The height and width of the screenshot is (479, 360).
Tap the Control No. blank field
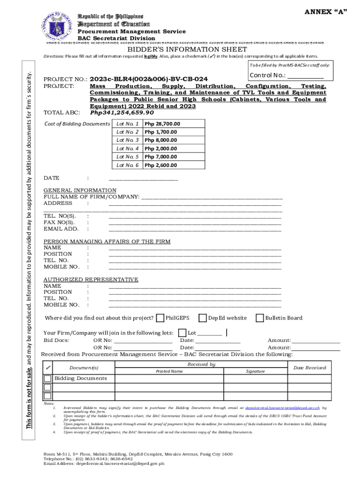[305, 76]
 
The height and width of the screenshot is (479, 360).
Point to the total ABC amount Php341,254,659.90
[122, 113]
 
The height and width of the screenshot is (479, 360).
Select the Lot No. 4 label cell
[128, 148]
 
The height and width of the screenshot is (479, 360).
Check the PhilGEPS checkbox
[160, 318]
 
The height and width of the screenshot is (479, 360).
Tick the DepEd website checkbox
[202, 318]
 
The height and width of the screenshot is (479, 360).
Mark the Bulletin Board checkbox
[259, 318]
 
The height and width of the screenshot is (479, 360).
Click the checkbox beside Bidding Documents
[47, 378]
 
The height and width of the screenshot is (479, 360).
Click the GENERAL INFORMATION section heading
[80, 190]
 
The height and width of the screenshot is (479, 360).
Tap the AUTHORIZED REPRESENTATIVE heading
[91, 280]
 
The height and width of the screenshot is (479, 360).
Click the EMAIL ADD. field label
[61, 229]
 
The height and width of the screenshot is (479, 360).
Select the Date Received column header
[309, 368]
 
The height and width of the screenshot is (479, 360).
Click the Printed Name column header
[169, 371]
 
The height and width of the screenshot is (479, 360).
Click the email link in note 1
[283, 408]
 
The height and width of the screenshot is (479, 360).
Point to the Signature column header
[255, 371]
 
